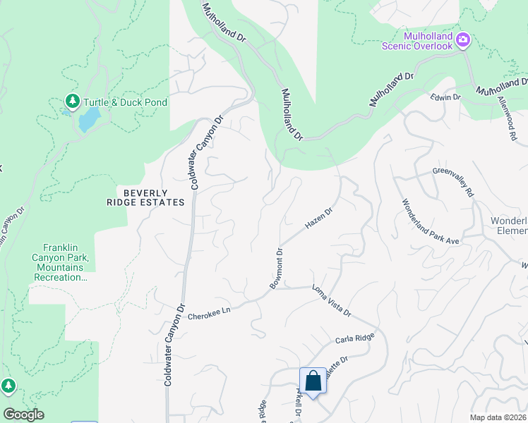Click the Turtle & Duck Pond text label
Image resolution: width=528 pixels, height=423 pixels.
point(126,102)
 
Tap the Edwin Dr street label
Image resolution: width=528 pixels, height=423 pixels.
point(446,97)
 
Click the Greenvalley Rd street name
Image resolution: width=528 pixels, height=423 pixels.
point(452,182)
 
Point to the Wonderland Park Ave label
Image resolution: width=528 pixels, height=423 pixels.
point(431,222)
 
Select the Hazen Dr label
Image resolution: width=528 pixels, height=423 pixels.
point(318,218)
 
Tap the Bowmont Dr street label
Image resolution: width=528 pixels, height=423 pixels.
point(275,269)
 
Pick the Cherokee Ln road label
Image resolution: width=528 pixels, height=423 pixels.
point(210,313)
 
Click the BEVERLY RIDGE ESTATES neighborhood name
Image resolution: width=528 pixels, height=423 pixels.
point(155,197)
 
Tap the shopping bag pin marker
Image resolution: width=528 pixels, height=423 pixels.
point(313,381)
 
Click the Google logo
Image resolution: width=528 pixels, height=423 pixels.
point(23,415)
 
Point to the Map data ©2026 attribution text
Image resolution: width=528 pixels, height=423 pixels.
point(497,417)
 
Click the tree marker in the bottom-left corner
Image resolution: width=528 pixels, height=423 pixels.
point(8,386)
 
